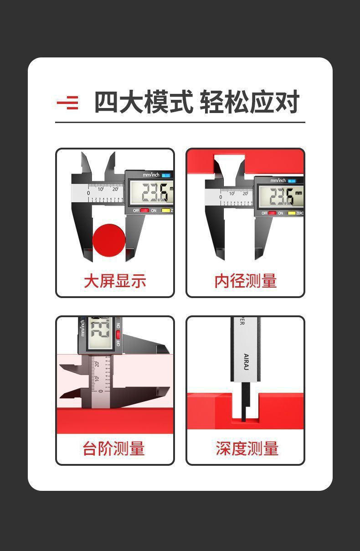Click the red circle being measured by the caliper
pyautogui.click(x=109, y=239)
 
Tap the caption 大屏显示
pyautogui.click(x=115, y=281)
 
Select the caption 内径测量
pyautogui.click(x=246, y=281)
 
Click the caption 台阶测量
pyautogui.click(x=114, y=448)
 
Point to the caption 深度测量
pyautogui.click(x=247, y=448)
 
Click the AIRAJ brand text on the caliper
pyautogui.click(x=247, y=363)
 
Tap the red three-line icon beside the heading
pyautogui.click(x=67, y=103)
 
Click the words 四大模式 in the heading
pyautogui.click(x=144, y=102)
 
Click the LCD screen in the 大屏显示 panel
pyautogui.click(x=151, y=193)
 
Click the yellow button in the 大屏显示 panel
pyautogui.click(x=166, y=211)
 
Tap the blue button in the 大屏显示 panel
pyautogui.click(x=165, y=175)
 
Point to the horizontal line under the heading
pyautogui.click(x=180, y=122)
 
